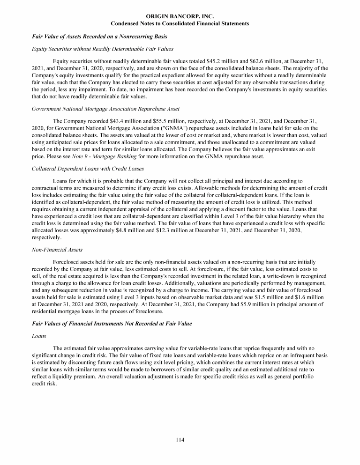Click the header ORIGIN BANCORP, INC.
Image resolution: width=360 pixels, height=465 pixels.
click(x=180, y=16)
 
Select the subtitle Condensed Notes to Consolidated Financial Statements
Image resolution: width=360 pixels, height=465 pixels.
click(x=180, y=23)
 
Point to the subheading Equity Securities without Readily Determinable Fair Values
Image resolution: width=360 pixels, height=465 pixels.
click(x=102, y=49)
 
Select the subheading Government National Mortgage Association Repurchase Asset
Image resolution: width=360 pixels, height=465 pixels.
click(x=105, y=109)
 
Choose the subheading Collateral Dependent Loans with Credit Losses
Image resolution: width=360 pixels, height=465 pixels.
click(x=88, y=169)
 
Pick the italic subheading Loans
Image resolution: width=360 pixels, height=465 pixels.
click(x=38, y=336)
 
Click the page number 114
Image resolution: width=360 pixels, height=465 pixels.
click(x=180, y=440)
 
